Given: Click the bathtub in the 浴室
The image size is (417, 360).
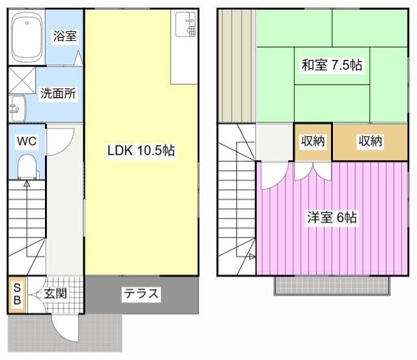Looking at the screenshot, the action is click(27, 37).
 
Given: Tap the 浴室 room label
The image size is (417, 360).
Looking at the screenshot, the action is click(65, 36).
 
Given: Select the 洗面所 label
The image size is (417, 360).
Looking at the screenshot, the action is click(58, 93).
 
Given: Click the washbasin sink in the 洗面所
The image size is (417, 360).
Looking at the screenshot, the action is click(18, 109).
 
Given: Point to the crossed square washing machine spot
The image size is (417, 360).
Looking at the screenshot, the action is click(22, 80).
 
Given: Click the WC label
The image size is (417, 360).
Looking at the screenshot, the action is click(27, 141).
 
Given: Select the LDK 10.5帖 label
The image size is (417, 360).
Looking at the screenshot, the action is click(141, 150).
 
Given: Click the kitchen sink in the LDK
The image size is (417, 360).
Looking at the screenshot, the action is click(186, 25).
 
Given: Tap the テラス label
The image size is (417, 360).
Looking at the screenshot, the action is click(141, 294).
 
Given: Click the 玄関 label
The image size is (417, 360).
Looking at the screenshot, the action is click(55, 294).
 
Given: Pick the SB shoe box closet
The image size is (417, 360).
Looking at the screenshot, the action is click(17, 295).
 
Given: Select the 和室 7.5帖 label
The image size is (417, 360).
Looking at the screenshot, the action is click(332, 65).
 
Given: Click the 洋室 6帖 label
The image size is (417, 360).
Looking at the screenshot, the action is click(332, 217).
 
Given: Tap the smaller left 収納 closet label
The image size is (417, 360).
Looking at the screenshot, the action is click(313, 141).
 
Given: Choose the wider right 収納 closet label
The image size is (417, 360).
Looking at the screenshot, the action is click(371, 141).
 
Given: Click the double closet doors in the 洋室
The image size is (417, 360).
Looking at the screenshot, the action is click(313, 171).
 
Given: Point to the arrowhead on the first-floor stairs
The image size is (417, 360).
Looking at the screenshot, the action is click(27, 183).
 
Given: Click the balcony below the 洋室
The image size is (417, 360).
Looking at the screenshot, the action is click(332, 286).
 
